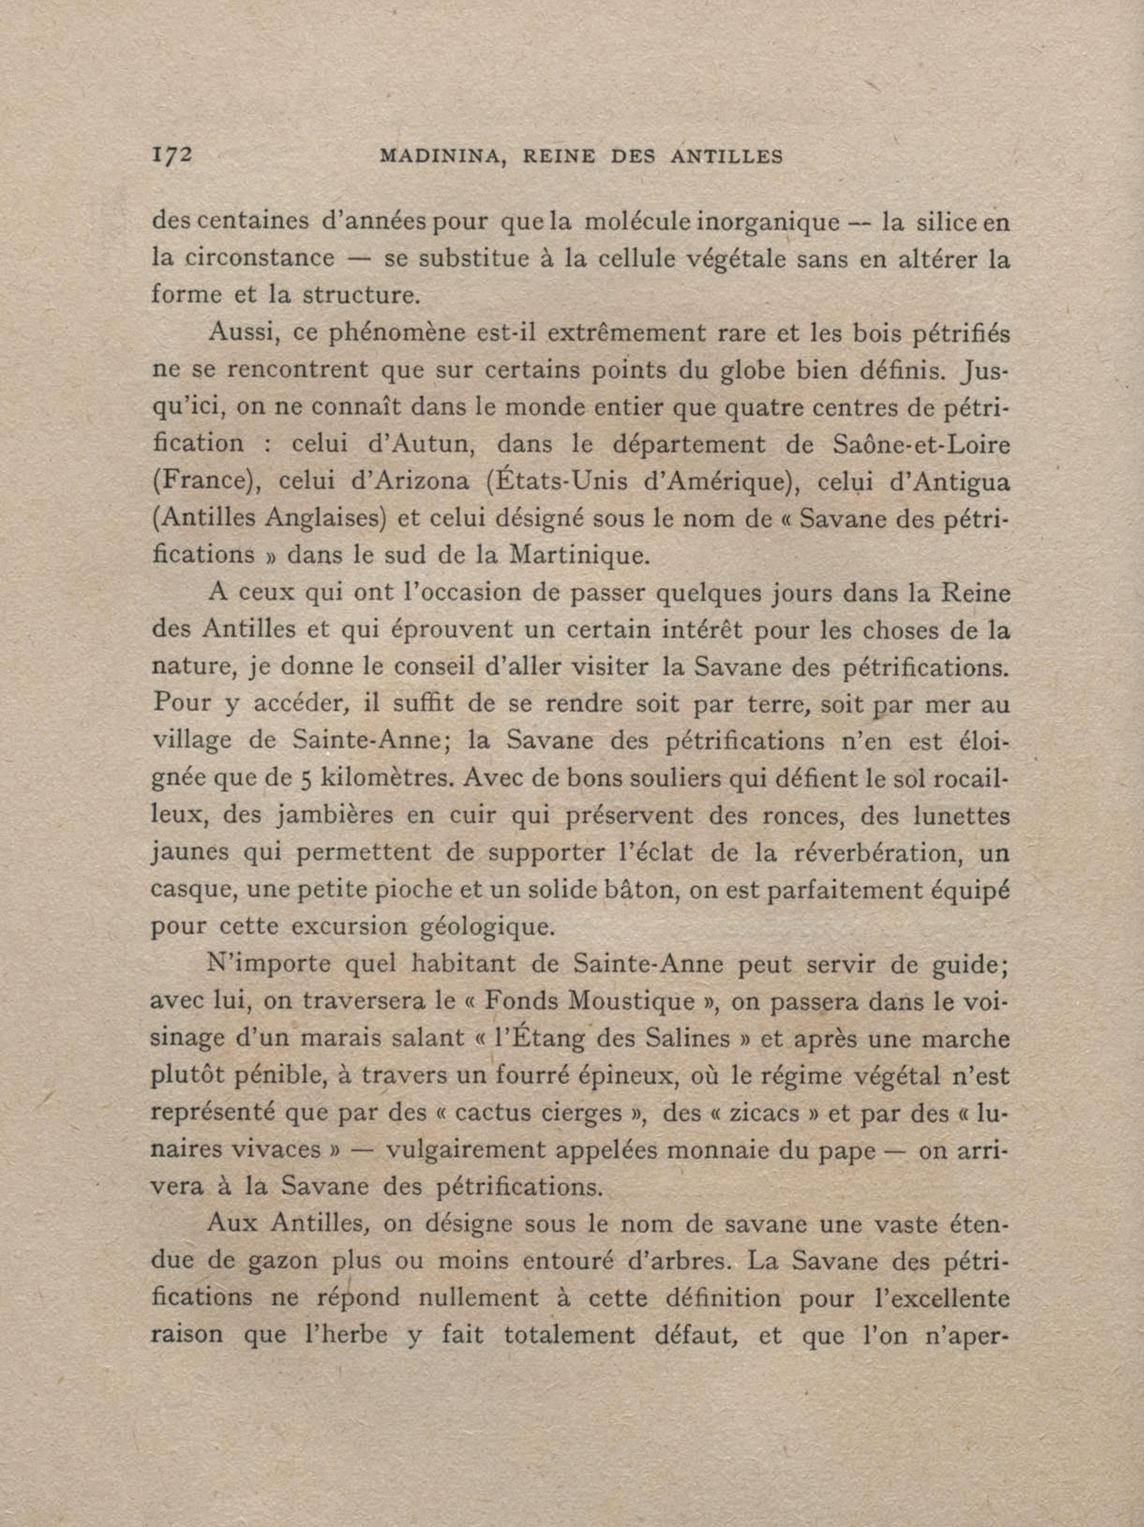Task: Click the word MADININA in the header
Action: [x=440, y=157]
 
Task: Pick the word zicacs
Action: [x=741, y=1113]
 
